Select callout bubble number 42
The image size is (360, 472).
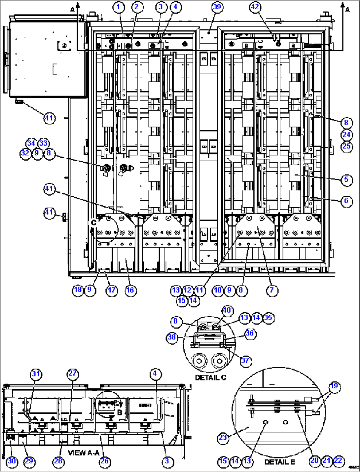[x=255, y=7]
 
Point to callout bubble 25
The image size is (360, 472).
[x=346, y=146]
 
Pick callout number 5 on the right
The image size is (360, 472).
[x=346, y=179]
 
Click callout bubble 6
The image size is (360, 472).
[x=346, y=201]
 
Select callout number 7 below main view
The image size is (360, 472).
[x=272, y=290]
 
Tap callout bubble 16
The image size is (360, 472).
[x=130, y=290]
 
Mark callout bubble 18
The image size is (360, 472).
[x=78, y=290]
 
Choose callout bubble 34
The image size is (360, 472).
[x=31, y=143]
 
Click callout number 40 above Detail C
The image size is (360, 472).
[x=227, y=310]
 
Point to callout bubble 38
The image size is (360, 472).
[x=172, y=337]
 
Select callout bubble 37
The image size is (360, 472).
[x=245, y=360]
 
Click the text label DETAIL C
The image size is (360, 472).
[x=210, y=377]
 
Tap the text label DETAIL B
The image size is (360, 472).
[x=280, y=461]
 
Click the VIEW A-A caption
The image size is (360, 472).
[x=83, y=452]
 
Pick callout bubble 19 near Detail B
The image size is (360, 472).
[x=334, y=386]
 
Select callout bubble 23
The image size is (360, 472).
[x=223, y=438]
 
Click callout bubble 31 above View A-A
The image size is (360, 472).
[x=36, y=374]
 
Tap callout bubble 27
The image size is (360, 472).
[x=72, y=374]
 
